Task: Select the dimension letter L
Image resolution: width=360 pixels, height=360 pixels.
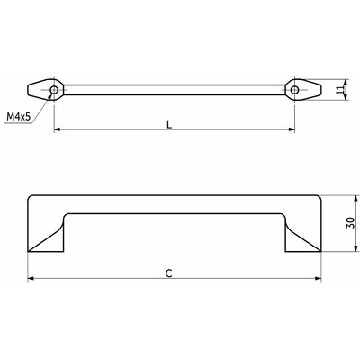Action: (171, 123)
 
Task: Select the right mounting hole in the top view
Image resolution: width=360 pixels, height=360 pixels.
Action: (295, 90)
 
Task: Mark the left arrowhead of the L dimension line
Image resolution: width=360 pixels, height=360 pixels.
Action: (58, 130)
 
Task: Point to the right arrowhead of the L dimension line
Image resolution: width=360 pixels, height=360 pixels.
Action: (292, 130)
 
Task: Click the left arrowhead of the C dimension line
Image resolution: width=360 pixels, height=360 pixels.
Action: (32, 278)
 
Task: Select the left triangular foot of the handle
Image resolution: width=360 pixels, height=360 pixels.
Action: (49, 238)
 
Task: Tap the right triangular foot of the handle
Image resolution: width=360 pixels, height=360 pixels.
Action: (301, 238)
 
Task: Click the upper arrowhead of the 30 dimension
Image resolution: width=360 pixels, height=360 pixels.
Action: (335, 199)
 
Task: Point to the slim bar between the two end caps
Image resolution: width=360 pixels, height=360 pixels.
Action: (175, 90)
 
